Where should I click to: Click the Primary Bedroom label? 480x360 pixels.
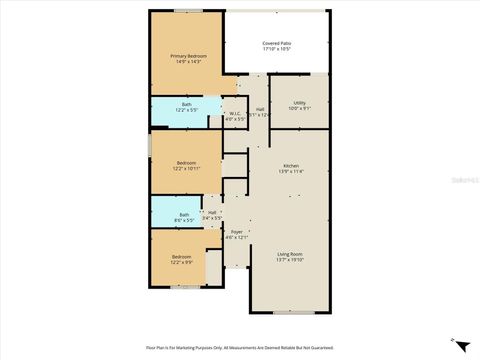[187, 56]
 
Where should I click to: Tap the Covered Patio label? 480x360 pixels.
[277, 44]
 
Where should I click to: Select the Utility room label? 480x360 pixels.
[299, 104]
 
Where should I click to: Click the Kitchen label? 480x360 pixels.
[291, 165]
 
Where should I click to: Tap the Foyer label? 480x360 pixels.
[237, 231]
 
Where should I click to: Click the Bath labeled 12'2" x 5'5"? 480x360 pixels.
[187, 105]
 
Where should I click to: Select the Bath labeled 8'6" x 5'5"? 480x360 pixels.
[184, 214]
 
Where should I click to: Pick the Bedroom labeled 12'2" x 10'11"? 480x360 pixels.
[187, 162]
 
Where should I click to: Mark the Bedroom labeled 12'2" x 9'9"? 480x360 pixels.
[181, 257]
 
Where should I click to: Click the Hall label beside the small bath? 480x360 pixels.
[212, 212]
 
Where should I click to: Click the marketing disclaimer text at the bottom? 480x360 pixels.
[240, 349]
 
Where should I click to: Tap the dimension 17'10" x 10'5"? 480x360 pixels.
[277, 50]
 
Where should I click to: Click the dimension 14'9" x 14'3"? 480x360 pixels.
[187, 62]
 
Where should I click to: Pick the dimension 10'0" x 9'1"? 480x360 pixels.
[299, 110]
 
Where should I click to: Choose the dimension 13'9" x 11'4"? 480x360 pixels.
[291, 171]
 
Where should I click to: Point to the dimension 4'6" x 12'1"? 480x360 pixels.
[237, 237]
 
